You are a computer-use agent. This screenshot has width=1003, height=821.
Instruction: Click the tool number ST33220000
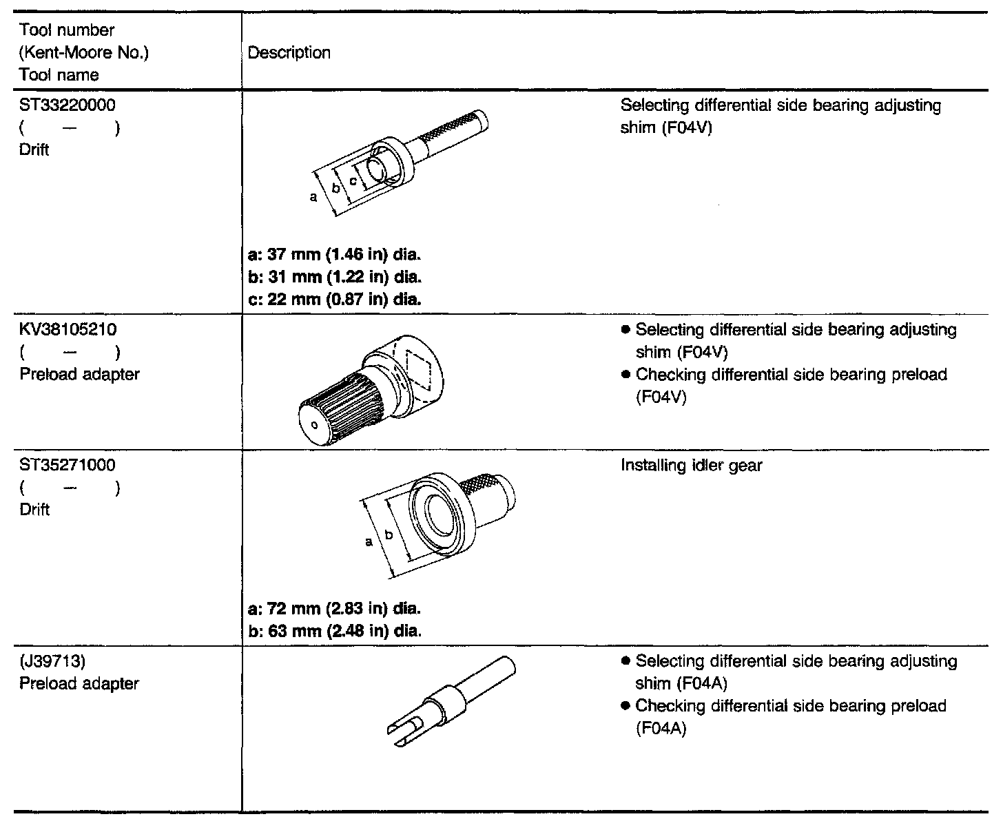67,105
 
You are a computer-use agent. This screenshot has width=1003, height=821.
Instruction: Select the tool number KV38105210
68,330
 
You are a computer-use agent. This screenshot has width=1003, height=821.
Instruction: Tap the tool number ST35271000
67,465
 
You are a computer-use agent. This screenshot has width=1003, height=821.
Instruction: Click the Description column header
289,53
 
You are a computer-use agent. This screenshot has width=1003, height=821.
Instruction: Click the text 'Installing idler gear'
691,466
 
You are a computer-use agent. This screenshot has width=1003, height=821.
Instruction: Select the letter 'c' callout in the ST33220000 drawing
353,180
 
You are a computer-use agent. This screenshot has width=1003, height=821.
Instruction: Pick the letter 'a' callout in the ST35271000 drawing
369,541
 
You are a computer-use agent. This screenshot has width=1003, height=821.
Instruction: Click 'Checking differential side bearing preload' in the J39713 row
791,706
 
